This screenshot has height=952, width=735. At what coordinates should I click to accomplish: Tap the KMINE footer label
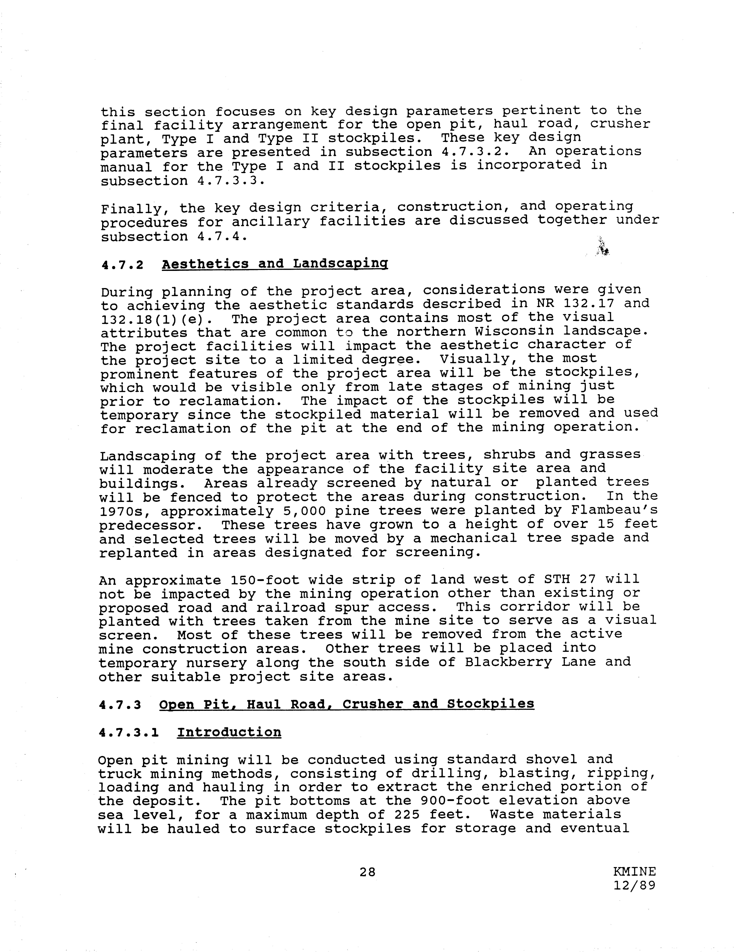(x=634, y=871)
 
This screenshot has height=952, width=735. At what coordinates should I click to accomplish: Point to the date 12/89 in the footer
(x=634, y=885)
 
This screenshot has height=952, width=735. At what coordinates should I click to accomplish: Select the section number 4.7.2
(x=122, y=265)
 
